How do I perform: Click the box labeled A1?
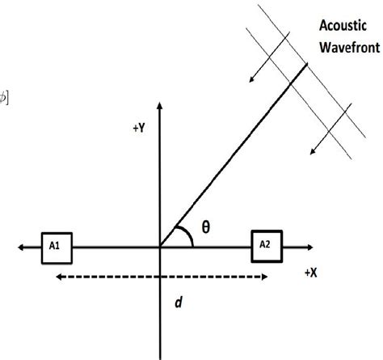point(57,248)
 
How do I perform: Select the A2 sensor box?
point(267,243)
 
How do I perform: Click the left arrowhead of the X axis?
point(22,247)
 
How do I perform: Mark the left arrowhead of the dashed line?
point(57,277)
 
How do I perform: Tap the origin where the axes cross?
point(162,247)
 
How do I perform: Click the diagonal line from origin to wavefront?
point(234,154)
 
